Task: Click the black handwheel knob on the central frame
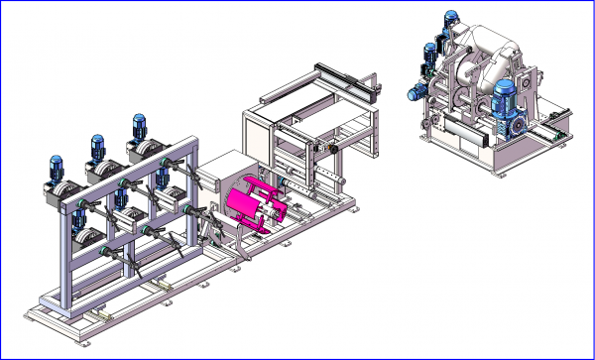tap(335, 149)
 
